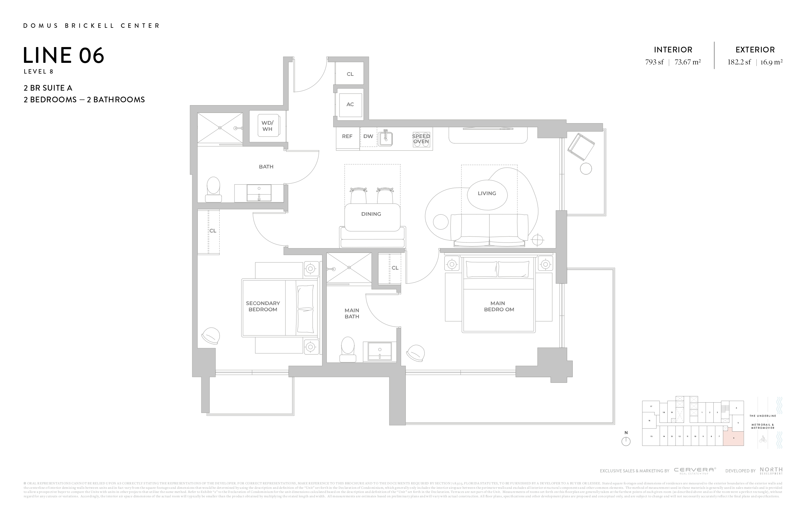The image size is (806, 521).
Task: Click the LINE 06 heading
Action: pos(64,56)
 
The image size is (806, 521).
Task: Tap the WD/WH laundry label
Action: pos(267,126)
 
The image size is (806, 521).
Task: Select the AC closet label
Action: pos(350,104)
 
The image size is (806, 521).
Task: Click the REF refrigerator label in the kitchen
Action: pos(347,136)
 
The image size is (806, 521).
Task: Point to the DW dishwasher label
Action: pos(368,136)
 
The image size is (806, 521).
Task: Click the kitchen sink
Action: pos(385,139)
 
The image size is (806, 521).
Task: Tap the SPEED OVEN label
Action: pos(421,139)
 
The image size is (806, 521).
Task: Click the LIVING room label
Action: pos(487,193)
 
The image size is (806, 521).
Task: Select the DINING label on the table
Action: pos(371,214)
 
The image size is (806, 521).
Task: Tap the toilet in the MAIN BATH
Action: pos(348,350)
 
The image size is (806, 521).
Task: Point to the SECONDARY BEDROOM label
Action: pos(263,306)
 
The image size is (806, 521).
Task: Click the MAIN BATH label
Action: pos(352,313)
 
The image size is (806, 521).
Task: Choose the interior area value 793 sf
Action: pos(654,62)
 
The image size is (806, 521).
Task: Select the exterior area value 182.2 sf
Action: pos(739,62)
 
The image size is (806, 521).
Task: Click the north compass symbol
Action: pos(626,441)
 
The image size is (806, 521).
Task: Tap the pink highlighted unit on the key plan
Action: pos(734,439)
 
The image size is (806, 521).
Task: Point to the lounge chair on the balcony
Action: pos(581,147)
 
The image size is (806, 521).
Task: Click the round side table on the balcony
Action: pos(586,169)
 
